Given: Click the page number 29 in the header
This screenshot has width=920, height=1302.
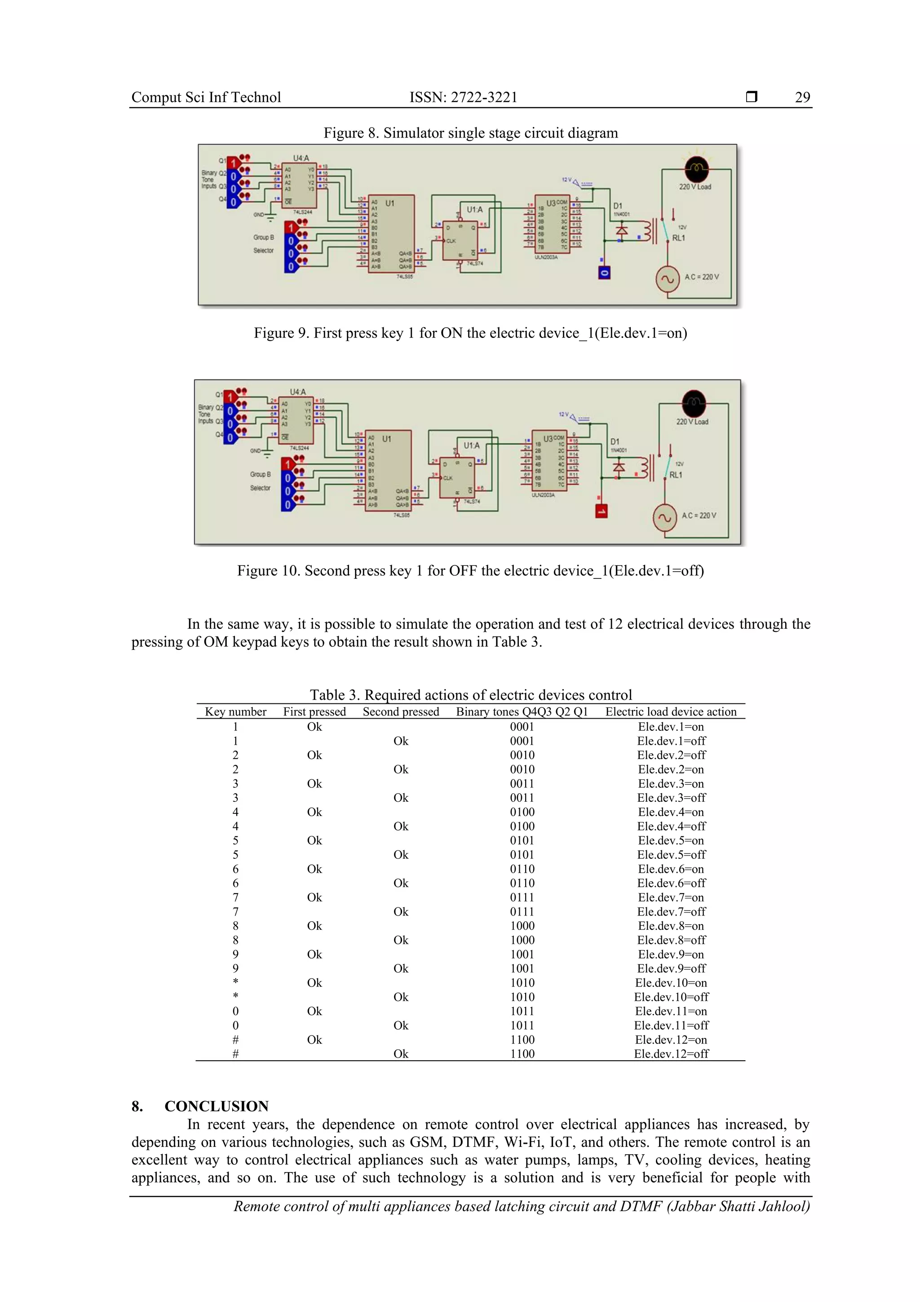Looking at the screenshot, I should (802, 97).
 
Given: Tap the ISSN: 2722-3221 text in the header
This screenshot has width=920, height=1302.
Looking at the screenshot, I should (463, 97).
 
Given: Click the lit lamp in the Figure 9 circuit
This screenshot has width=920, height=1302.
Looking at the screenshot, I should (696, 168).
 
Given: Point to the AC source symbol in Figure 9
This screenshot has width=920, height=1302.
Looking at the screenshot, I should (668, 279).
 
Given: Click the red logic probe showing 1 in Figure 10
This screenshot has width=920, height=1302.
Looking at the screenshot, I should (601, 511).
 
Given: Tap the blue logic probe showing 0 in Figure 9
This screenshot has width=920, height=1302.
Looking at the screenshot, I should (604, 273).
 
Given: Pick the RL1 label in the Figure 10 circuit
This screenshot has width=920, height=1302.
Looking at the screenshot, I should (676, 475).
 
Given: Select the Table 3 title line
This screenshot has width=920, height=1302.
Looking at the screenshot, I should (470, 695).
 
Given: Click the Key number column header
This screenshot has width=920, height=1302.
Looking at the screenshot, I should (235, 712).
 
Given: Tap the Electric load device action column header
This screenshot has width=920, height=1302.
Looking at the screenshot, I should (671, 712).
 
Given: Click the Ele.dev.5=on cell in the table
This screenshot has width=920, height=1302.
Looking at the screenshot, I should (671, 840).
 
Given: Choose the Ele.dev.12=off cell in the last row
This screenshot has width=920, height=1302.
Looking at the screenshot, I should (671, 1053).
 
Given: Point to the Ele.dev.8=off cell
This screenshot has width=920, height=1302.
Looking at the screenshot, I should (671, 940).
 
